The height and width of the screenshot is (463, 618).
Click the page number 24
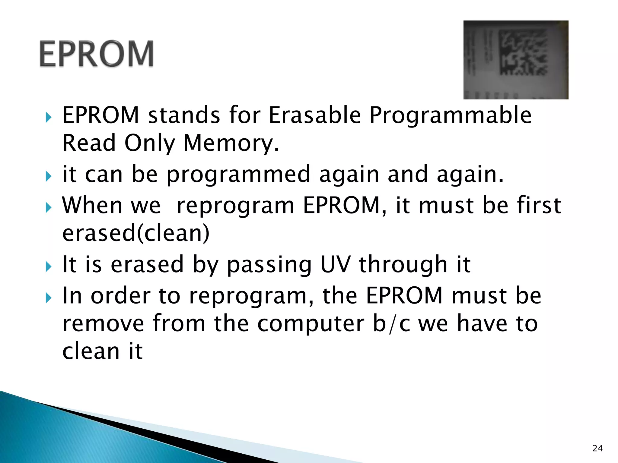coord(597,448)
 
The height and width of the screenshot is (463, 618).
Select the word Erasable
coord(314,115)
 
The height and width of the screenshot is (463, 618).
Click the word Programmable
coord(450,116)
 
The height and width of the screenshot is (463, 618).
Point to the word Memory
coord(231,143)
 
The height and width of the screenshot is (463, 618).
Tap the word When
coord(92,206)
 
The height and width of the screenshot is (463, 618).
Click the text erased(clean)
coord(136,233)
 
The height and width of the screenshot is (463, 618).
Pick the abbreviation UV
coord(335,264)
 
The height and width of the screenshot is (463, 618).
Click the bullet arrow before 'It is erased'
coord(48,266)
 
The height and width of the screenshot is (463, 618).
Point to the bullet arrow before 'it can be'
coord(48,176)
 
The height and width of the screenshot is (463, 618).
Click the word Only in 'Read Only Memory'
coord(150,143)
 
